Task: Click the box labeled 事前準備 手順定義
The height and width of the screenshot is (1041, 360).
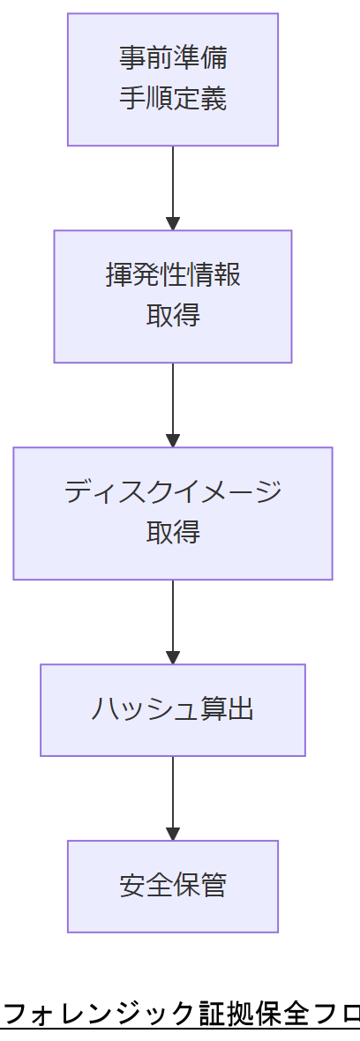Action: point(173,79)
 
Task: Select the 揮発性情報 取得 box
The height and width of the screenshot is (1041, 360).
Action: point(173,296)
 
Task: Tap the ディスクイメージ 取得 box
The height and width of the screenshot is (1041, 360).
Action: point(173,513)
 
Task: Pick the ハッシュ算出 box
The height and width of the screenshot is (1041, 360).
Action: point(173,710)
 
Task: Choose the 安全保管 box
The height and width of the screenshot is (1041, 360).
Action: point(173,886)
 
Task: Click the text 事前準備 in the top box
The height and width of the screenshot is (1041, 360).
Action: point(173,58)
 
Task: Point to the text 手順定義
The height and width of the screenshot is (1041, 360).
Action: point(173,98)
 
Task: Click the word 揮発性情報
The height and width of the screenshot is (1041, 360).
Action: point(173,275)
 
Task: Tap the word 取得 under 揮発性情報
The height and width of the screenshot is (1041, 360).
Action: point(173,315)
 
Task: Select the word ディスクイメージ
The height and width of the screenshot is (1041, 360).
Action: point(173,491)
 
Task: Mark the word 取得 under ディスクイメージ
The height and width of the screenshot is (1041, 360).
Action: point(173,532)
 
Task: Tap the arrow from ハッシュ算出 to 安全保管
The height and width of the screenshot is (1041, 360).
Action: point(173,796)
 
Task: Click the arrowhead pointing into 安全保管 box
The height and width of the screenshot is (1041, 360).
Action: point(173,834)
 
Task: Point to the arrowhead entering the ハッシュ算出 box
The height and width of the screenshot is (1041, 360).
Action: point(173,657)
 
